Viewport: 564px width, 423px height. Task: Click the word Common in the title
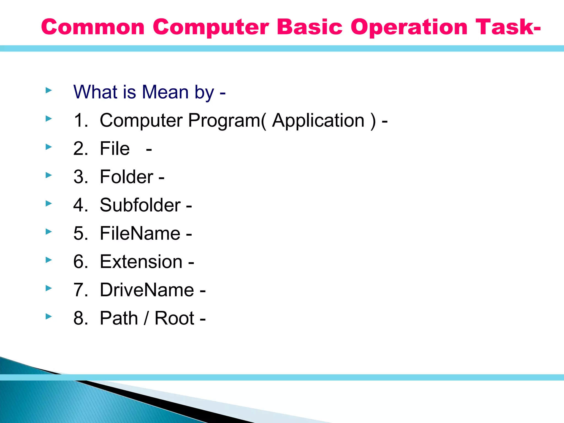pyautogui.click(x=93, y=27)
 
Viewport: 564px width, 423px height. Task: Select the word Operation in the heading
pyautogui.click(x=409, y=27)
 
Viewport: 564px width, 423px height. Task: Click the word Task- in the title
pyautogui.click(x=508, y=27)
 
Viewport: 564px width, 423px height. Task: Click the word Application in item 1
pyautogui.click(x=318, y=120)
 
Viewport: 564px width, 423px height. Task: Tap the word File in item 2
pyautogui.click(x=115, y=149)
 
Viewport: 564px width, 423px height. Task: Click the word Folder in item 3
pyautogui.click(x=126, y=177)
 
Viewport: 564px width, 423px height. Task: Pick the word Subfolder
pyautogui.click(x=140, y=205)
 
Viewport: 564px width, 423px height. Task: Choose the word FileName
pyautogui.click(x=140, y=234)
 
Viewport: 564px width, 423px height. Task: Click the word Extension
pyautogui.click(x=141, y=262)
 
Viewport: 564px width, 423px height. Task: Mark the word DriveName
pyautogui.click(x=147, y=290)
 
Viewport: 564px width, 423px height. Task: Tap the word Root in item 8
pyautogui.click(x=174, y=318)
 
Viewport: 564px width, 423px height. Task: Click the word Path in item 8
pyautogui.click(x=119, y=318)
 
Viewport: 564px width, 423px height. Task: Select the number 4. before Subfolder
pyautogui.click(x=81, y=205)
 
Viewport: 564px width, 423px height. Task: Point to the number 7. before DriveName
pyautogui.click(x=81, y=290)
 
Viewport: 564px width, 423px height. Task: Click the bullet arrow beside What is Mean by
pyautogui.click(x=49, y=90)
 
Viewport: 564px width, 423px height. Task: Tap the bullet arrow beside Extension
pyautogui.click(x=49, y=260)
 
